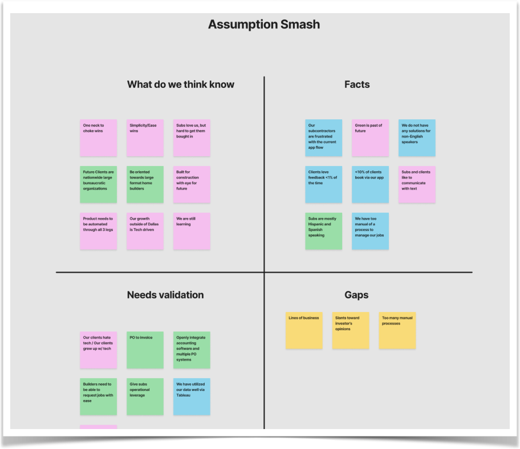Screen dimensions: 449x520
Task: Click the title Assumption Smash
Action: [x=263, y=25]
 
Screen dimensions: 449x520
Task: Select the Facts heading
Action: [x=357, y=84]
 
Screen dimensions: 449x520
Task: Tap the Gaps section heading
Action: [x=356, y=295]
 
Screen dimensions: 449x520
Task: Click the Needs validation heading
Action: [x=165, y=295]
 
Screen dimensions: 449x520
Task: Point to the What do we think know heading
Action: [x=180, y=84]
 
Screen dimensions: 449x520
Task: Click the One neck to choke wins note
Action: [x=98, y=138]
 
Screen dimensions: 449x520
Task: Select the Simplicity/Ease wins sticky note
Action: [x=145, y=138]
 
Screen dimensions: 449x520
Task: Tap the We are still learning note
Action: [x=192, y=231]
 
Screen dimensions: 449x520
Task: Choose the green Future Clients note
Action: [x=98, y=184]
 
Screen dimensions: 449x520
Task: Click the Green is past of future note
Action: [x=370, y=138]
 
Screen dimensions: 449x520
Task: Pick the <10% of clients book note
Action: [x=370, y=184]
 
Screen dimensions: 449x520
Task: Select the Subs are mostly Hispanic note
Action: [x=323, y=231]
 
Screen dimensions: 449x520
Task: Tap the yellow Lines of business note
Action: [x=304, y=330]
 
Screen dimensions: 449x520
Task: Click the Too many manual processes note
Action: [x=397, y=330]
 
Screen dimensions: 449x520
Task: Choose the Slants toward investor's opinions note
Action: [x=351, y=330]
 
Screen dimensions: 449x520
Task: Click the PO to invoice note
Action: [x=145, y=350]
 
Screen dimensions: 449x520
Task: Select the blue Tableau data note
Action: [x=192, y=397]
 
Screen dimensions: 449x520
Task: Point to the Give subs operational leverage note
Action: [x=145, y=397]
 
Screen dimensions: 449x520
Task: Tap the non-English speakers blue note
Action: [x=417, y=138]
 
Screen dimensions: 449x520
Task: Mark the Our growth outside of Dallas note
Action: [x=145, y=231]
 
